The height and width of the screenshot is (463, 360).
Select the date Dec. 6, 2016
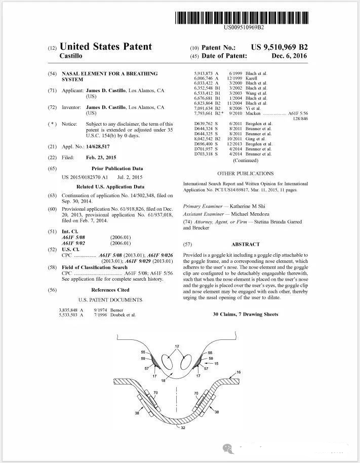(289, 56)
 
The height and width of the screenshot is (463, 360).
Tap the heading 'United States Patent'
(106, 47)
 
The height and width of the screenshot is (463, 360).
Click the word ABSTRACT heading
(246, 244)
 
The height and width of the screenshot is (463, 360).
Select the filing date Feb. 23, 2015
(101, 158)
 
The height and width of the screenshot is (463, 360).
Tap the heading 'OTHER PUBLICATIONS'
(245, 174)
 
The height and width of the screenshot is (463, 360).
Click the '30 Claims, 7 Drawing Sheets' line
(246, 315)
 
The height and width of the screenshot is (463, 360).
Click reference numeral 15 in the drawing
(217, 363)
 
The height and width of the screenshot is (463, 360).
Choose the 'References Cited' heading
(110, 290)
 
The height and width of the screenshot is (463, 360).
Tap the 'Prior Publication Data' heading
(117, 169)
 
